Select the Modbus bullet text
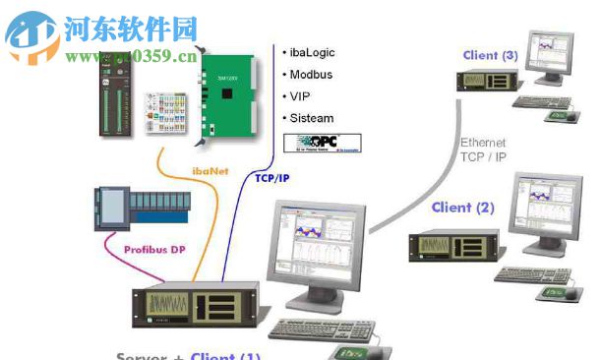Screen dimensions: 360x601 pos(312,74)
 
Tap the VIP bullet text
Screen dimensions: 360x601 pos(300,96)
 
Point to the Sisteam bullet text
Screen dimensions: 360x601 pos(313,119)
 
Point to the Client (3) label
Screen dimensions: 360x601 pos(490,55)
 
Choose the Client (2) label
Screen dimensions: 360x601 pos(463,208)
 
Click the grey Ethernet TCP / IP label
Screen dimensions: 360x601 pos(483,149)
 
